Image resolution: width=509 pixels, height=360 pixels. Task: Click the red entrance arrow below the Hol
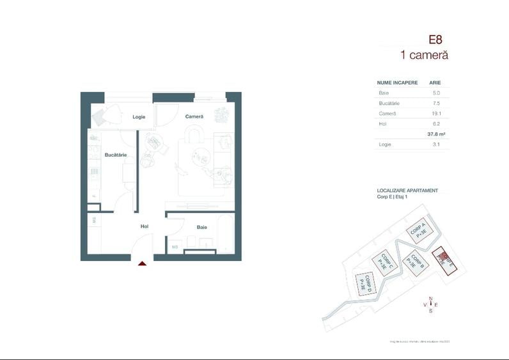point(142,262)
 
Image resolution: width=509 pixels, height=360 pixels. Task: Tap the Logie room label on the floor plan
point(139,117)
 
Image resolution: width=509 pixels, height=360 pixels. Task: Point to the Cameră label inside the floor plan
point(194,116)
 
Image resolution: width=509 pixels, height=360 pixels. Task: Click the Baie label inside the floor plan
point(201,227)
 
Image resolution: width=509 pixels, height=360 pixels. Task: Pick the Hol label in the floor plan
point(145,226)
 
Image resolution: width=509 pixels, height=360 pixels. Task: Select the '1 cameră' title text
point(424,55)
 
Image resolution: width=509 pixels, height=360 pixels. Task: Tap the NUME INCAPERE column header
point(397,82)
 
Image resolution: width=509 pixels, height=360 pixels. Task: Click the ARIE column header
point(435,82)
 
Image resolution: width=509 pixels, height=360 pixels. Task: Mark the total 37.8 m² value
point(436,134)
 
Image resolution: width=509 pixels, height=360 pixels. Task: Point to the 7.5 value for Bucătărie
point(436,103)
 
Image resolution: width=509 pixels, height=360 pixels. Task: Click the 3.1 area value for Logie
point(436,145)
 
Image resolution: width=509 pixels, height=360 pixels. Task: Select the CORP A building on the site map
point(419,231)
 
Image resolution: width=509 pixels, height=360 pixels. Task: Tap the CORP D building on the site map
point(366,283)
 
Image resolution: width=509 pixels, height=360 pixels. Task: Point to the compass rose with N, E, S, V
point(430,304)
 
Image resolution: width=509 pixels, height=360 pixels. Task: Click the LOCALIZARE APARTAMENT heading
point(407,191)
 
